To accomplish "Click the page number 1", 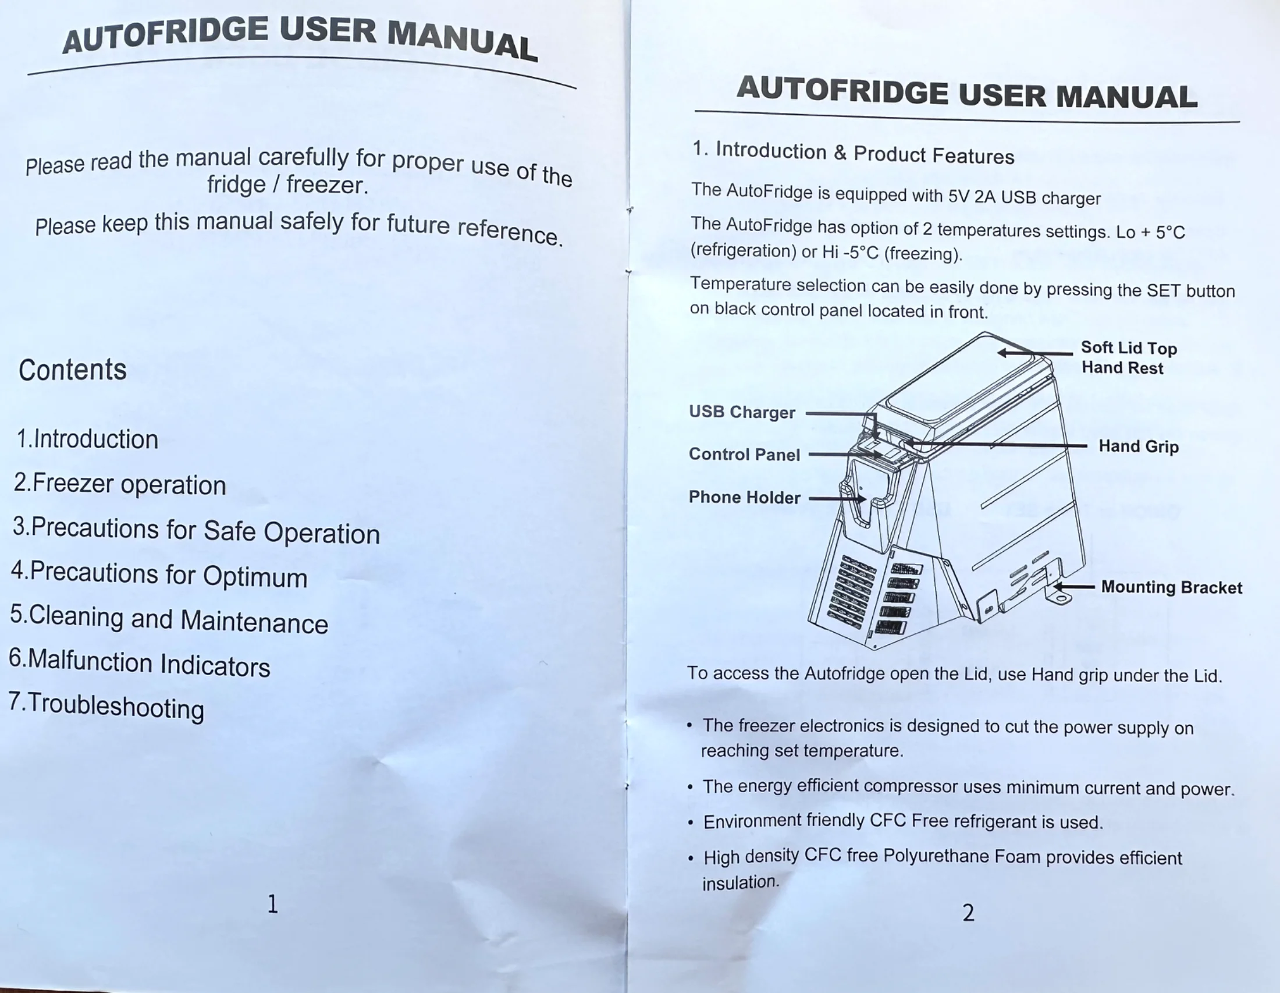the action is (272, 904).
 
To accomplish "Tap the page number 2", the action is (968, 913).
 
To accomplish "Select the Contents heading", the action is (73, 370).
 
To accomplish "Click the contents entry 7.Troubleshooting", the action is (106, 705).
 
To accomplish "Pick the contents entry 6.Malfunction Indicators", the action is (140, 663).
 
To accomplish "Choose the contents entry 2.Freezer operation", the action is (119, 484).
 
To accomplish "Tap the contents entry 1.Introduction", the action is (87, 439).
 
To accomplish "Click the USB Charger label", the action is (742, 412).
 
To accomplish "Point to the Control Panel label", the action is (744, 454).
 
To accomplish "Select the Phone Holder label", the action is (744, 497).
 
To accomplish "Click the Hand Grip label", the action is (1139, 446).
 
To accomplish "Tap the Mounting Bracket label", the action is (1172, 587).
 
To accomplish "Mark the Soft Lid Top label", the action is (1129, 347).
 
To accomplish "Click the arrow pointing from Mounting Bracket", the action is (1074, 586).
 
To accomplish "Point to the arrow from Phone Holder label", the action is (837, 499).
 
